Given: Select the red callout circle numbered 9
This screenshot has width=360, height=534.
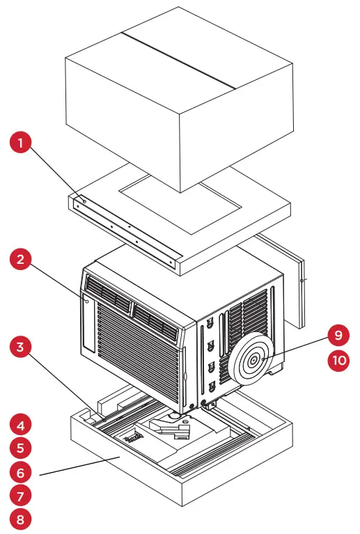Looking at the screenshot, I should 338,336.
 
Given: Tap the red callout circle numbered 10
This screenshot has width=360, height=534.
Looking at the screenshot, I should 338,361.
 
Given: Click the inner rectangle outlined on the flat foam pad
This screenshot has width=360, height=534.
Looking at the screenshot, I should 181,202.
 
